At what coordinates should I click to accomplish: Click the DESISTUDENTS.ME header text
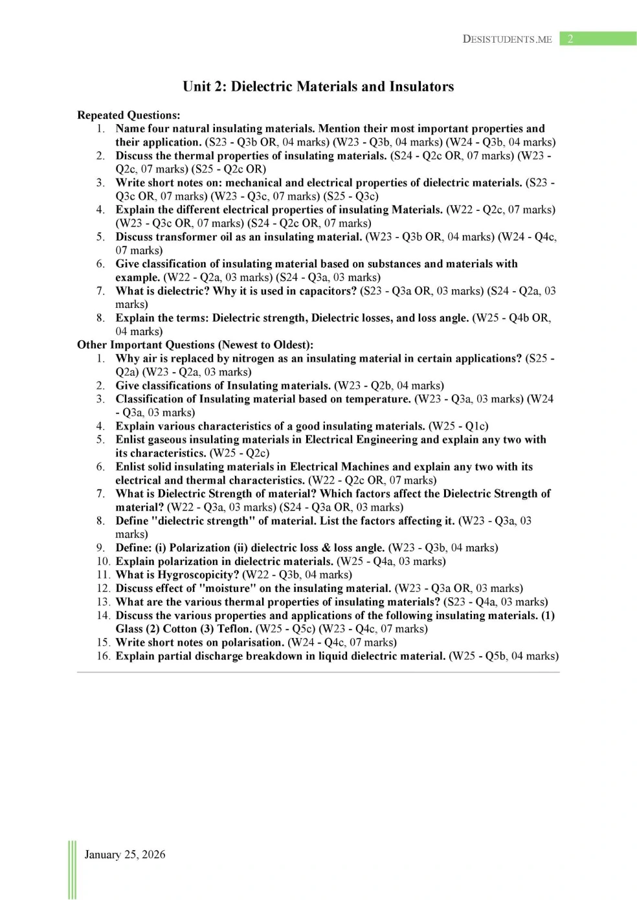(x=507, y=39)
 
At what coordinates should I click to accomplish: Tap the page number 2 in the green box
(x=570, y=39)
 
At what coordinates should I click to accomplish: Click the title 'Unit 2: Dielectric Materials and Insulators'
(x=318, y=87)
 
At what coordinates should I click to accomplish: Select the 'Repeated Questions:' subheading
(x=128, y=115)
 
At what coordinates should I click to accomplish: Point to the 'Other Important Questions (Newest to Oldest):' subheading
(x=195, y=345)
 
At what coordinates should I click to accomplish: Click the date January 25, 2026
(x=125, y=854)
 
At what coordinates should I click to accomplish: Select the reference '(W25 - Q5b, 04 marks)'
(x=503, y=656)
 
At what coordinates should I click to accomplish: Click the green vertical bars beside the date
(x=72, y=870)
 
